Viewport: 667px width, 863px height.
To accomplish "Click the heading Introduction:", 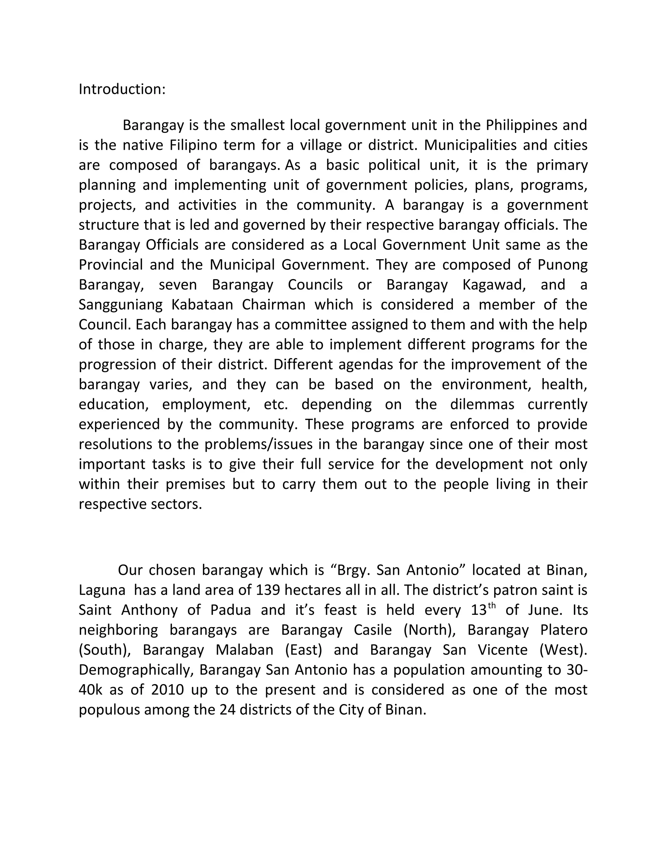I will point(122,89).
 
